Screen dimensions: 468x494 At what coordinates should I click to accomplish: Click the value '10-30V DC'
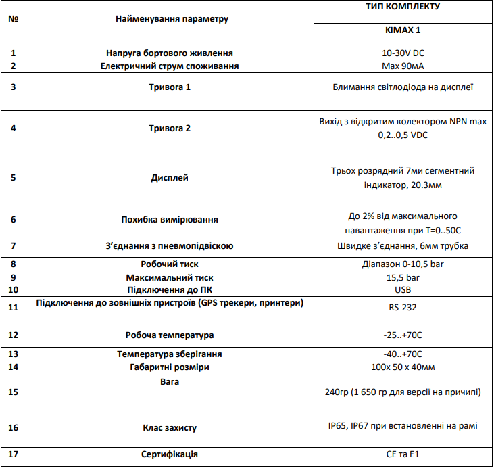[403, 53]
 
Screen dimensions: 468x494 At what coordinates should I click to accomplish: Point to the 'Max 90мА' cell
[403, 66]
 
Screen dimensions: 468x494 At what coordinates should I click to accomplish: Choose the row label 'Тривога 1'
[170, 87]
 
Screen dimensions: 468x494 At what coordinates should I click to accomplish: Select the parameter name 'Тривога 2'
[170, 128]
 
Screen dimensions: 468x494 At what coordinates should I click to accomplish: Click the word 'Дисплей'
[170, 178]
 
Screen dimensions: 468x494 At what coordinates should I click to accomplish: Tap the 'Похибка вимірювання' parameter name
[170, 219]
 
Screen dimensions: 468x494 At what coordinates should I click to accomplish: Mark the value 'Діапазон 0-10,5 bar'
[403, 264]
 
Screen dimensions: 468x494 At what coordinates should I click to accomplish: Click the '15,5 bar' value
[403, 277]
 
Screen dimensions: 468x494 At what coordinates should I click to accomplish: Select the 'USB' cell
[403, 290]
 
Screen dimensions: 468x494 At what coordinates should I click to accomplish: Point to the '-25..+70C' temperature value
[403, 335]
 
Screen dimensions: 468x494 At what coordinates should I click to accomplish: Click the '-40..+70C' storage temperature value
[403, 354]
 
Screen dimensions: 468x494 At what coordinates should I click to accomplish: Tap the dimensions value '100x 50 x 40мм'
[403, 367]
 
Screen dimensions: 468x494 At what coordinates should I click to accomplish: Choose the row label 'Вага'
[170, 381]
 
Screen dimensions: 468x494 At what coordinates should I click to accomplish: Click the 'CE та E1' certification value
[403, 454]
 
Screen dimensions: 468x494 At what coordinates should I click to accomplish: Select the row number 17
[13, 454]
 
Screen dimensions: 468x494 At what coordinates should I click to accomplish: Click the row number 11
[13, 306]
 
